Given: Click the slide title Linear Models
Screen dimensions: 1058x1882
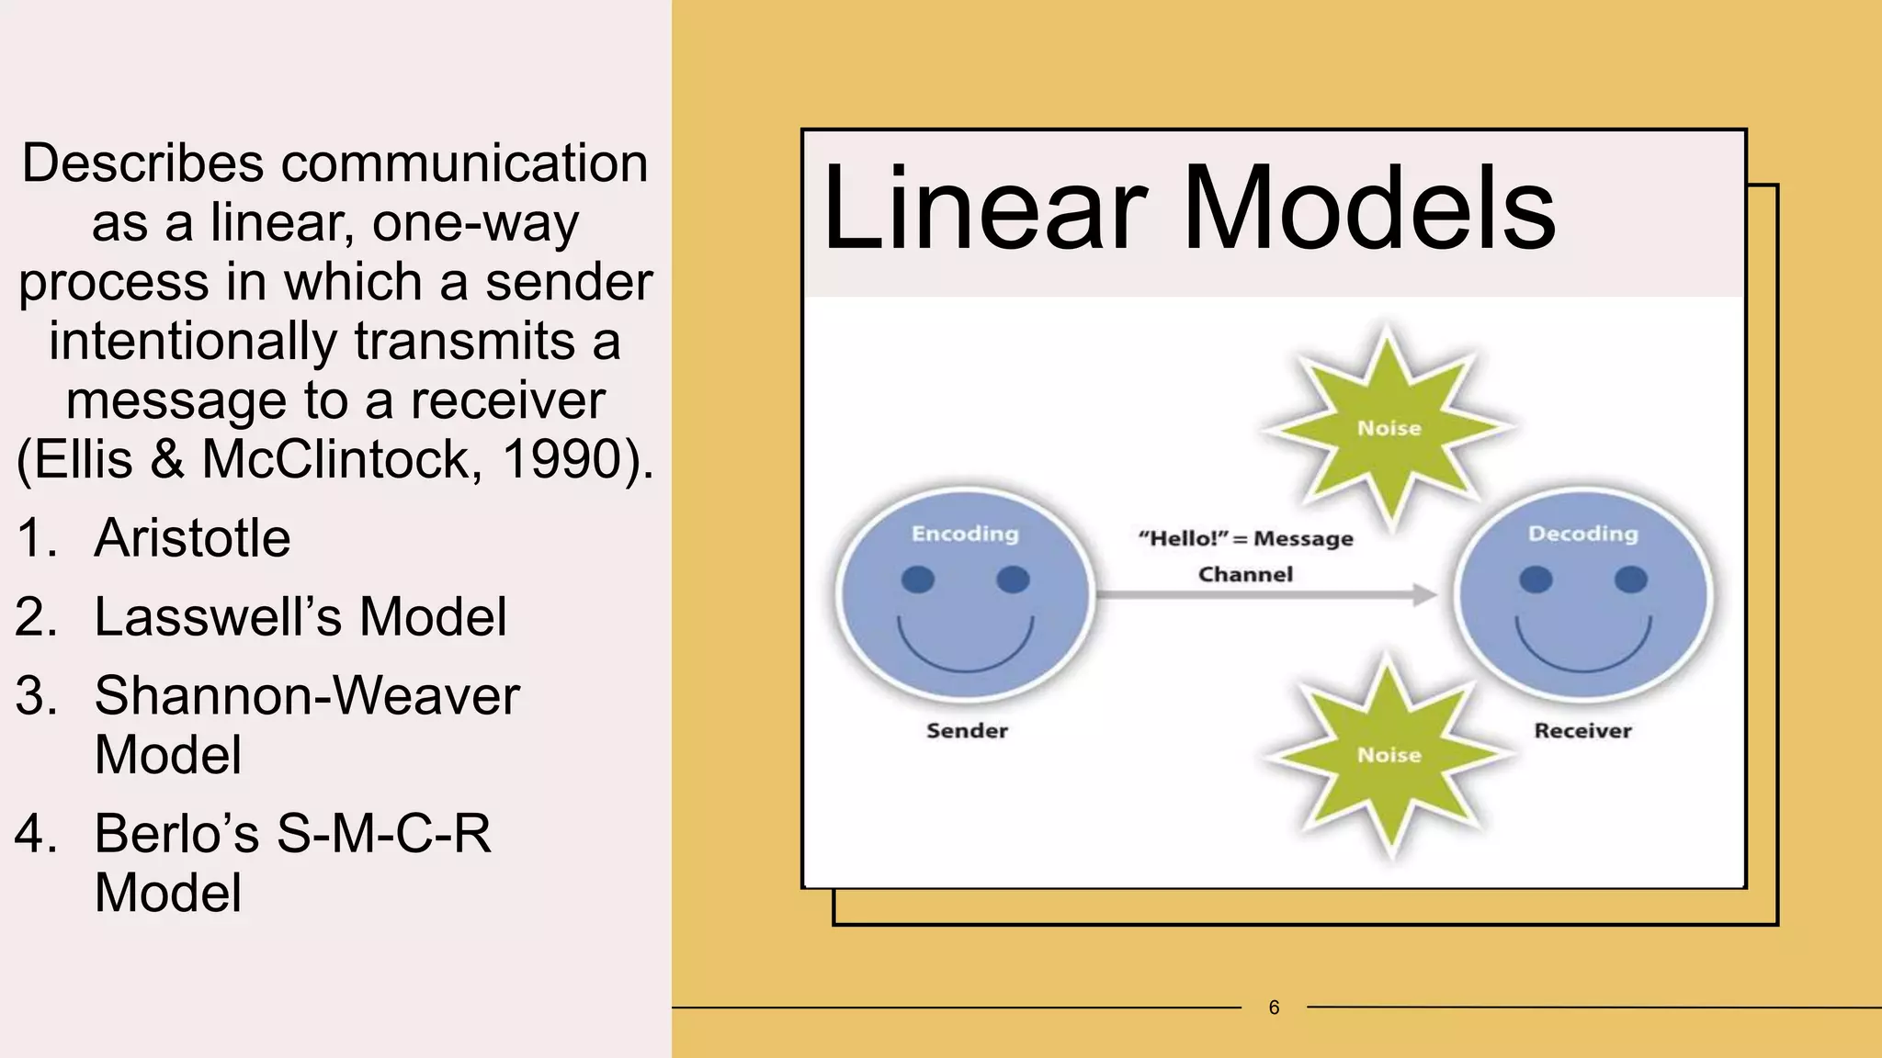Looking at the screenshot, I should [x=1188, y=208].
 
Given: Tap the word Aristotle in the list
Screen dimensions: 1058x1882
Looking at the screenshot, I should [x=192, y=537].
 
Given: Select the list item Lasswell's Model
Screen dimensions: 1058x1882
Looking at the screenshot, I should [x=300, y=616].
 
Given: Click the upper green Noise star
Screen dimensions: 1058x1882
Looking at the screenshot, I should [x=1389, y=428].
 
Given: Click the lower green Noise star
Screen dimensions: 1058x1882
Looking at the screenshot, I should [x=1389, y=755].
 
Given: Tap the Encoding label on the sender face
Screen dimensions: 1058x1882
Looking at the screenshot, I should [x=965, y=534].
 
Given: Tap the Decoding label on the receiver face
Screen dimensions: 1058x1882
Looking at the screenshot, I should [x=1582, y=534].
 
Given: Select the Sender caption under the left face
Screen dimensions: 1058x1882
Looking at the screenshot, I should [x=967, y=731].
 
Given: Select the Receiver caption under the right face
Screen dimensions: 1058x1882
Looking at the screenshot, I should [x=1582, y=731].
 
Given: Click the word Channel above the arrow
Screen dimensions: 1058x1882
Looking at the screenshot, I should [x=1245, y=575].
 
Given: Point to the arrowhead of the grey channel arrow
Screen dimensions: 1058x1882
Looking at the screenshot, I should [x=1425, y=595].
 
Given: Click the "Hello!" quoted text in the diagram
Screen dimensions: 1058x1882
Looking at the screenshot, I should [x=1182, y=538].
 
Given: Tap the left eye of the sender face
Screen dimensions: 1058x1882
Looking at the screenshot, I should [x=918, y=580].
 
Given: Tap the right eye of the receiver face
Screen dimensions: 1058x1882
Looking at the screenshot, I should [x=1630, y=580].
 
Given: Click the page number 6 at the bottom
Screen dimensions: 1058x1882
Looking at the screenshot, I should [x=1274, y=1007].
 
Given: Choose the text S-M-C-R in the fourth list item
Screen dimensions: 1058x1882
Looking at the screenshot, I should [x=383, y=834].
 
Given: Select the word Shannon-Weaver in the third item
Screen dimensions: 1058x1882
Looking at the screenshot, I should [x=307, y=695].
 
